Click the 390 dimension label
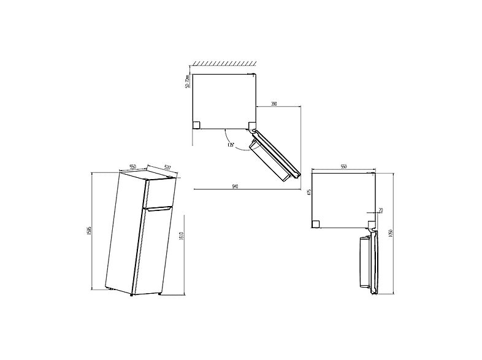pyautogui.click(x=274, y=104)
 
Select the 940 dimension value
pyautogui.click(x=235, y=186)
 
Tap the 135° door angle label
pyautogui.click(x=230, y=145)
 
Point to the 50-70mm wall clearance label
pyautogui.click(x=188, y=82)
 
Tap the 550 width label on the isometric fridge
pyautogui.click(x=132, y=166)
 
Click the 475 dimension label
pyautogui.click(x=310, y=193)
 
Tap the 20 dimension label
pyautogui.click(x=380, y=211)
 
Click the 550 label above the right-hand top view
pyautogui.click(x=344, y=167)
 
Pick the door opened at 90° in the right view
pyautogui.click(x=369, y=260)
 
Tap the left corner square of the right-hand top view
pyautogui.click(x=316, y=224)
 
